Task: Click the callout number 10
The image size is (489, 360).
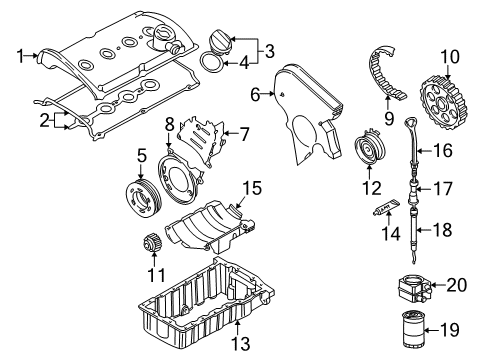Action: click(x=450, y=57)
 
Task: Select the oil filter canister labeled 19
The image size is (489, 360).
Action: click(x=413, y=329)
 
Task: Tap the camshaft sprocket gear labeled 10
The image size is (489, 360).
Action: click(x=443, y=103)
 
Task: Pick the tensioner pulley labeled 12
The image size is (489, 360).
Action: click(x=370, y=149)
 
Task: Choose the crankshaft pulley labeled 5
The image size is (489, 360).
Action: click(x=144, y=198)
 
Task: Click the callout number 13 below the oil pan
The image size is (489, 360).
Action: click(x=240, y=343)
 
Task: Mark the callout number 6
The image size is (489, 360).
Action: click(x=255, y=95)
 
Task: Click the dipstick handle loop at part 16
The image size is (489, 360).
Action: click(x=410, y=122)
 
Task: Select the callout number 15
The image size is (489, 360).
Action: click(x=252, y=188)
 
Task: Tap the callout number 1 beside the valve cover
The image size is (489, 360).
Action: click(x=21, y=56)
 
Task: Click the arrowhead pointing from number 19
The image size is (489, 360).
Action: click(x=428, y=331)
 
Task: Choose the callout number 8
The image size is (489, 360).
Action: click(x=169, y=125)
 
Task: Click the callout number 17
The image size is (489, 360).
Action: click(x=443, y=189)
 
